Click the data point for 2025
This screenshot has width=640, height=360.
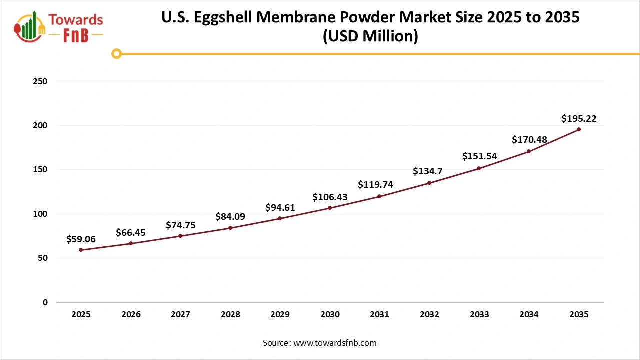point(81,250)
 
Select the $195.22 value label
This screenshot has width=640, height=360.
point(579,119)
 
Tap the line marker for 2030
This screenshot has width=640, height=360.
point(330,208)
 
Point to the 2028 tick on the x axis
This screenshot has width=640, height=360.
point(230,314)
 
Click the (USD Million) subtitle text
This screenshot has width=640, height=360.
point(370,36)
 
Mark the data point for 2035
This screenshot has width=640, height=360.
point(579,129)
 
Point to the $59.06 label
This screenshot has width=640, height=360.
point(81,239)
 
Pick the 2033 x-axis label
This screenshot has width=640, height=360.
point(479,314)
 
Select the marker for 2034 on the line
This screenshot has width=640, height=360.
point(529,151)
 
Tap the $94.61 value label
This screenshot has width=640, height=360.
point(280,208)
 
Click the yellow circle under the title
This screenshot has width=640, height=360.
point(116,53)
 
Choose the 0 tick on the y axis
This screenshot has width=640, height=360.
point(45,302)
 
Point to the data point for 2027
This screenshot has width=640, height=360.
point(180,236)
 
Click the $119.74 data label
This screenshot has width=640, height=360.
point(375,185)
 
